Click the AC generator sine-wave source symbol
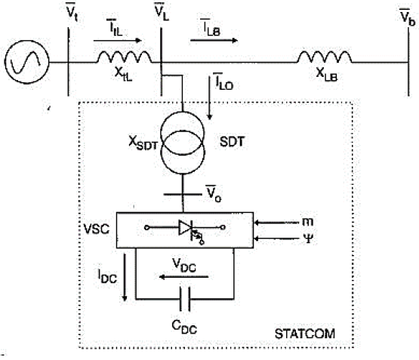point(26,62)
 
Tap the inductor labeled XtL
point(125,57)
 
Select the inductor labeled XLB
point(325,57)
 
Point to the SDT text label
point(232,142)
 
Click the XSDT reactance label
point(143,143)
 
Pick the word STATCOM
point(305,334)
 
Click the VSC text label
point(97,229)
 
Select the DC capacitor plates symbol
point(185,299)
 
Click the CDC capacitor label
point(184,327)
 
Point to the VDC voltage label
point(184,266)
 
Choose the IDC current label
point(107,276)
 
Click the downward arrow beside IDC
point(125,277)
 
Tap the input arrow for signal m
point(277,222)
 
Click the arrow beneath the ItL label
point(118,41)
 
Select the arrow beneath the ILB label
point(214,41)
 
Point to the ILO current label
point(223,82)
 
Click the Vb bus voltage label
point(408,17)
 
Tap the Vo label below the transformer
point(213,194)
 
